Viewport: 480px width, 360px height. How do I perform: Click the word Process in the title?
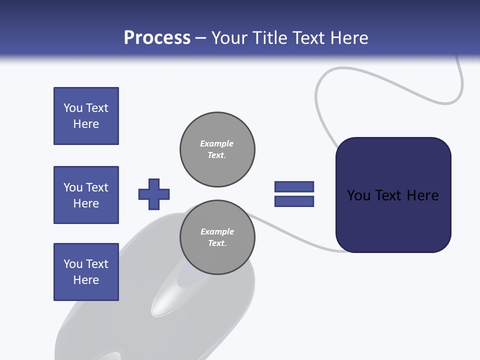click(157, 38)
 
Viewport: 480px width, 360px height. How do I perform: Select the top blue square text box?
click(86, 116)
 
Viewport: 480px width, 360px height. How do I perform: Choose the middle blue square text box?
click(86, 195)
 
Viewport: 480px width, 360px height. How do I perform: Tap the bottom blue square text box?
click(86, 272)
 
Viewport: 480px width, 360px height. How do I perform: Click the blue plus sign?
click(154, 194)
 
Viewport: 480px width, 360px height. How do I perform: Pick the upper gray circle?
click(217, 149)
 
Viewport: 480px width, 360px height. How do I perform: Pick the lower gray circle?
click(217, 237)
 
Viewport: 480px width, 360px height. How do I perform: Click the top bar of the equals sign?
click(294, 186)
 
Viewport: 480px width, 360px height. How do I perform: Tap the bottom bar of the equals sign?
click(294, 201)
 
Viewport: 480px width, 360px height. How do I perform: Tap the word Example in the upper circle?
click(216, 143)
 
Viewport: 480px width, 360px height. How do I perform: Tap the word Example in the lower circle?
click(217, 231)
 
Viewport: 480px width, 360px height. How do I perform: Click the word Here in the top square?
click(86, 124)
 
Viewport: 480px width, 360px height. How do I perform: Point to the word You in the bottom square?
click(73, 264)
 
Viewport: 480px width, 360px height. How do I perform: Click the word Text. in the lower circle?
click(217, 243)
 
